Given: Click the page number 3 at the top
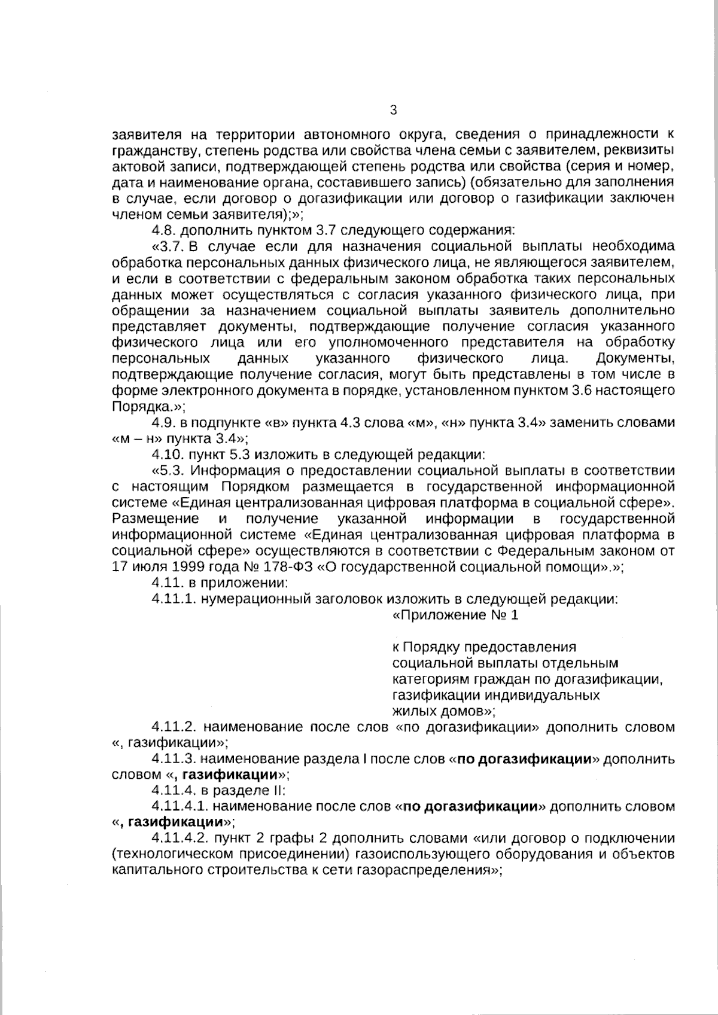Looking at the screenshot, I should click(393, 109).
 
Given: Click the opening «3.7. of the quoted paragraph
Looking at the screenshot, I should click(171, 246).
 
